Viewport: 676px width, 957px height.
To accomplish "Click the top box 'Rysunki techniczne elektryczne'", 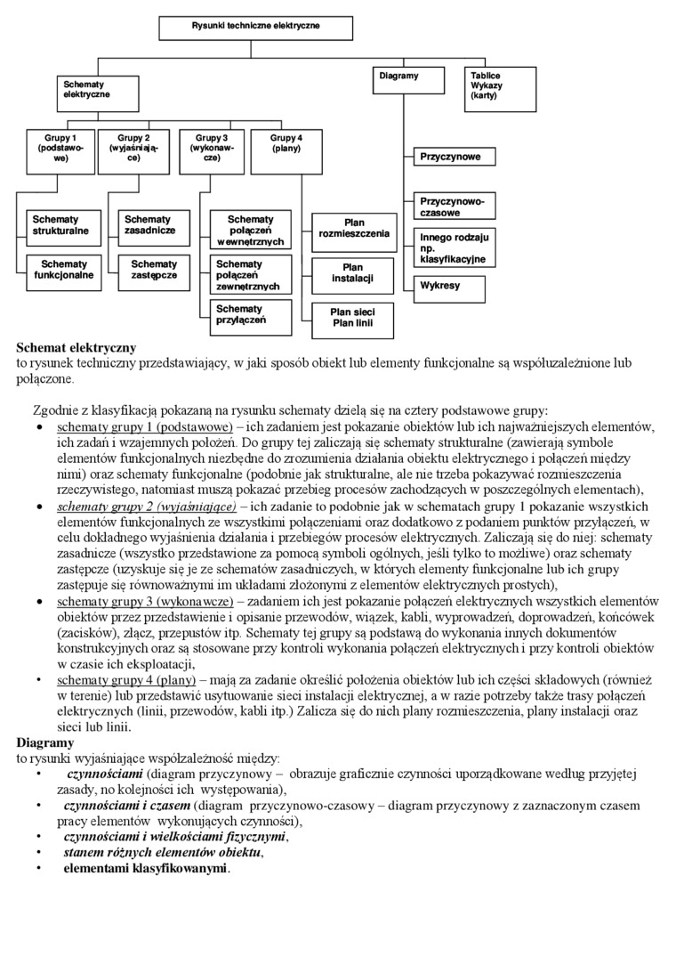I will pos(256,27).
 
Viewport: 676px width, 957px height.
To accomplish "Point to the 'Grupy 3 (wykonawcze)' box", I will pos(212,150).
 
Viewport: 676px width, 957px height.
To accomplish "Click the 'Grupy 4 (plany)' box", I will pos(286,150).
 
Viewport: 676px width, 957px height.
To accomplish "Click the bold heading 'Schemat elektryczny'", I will pos(76,347).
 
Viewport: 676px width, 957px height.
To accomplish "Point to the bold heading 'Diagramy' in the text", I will pos(45,742).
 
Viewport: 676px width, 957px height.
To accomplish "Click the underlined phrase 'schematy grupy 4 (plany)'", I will pos(126,681).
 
